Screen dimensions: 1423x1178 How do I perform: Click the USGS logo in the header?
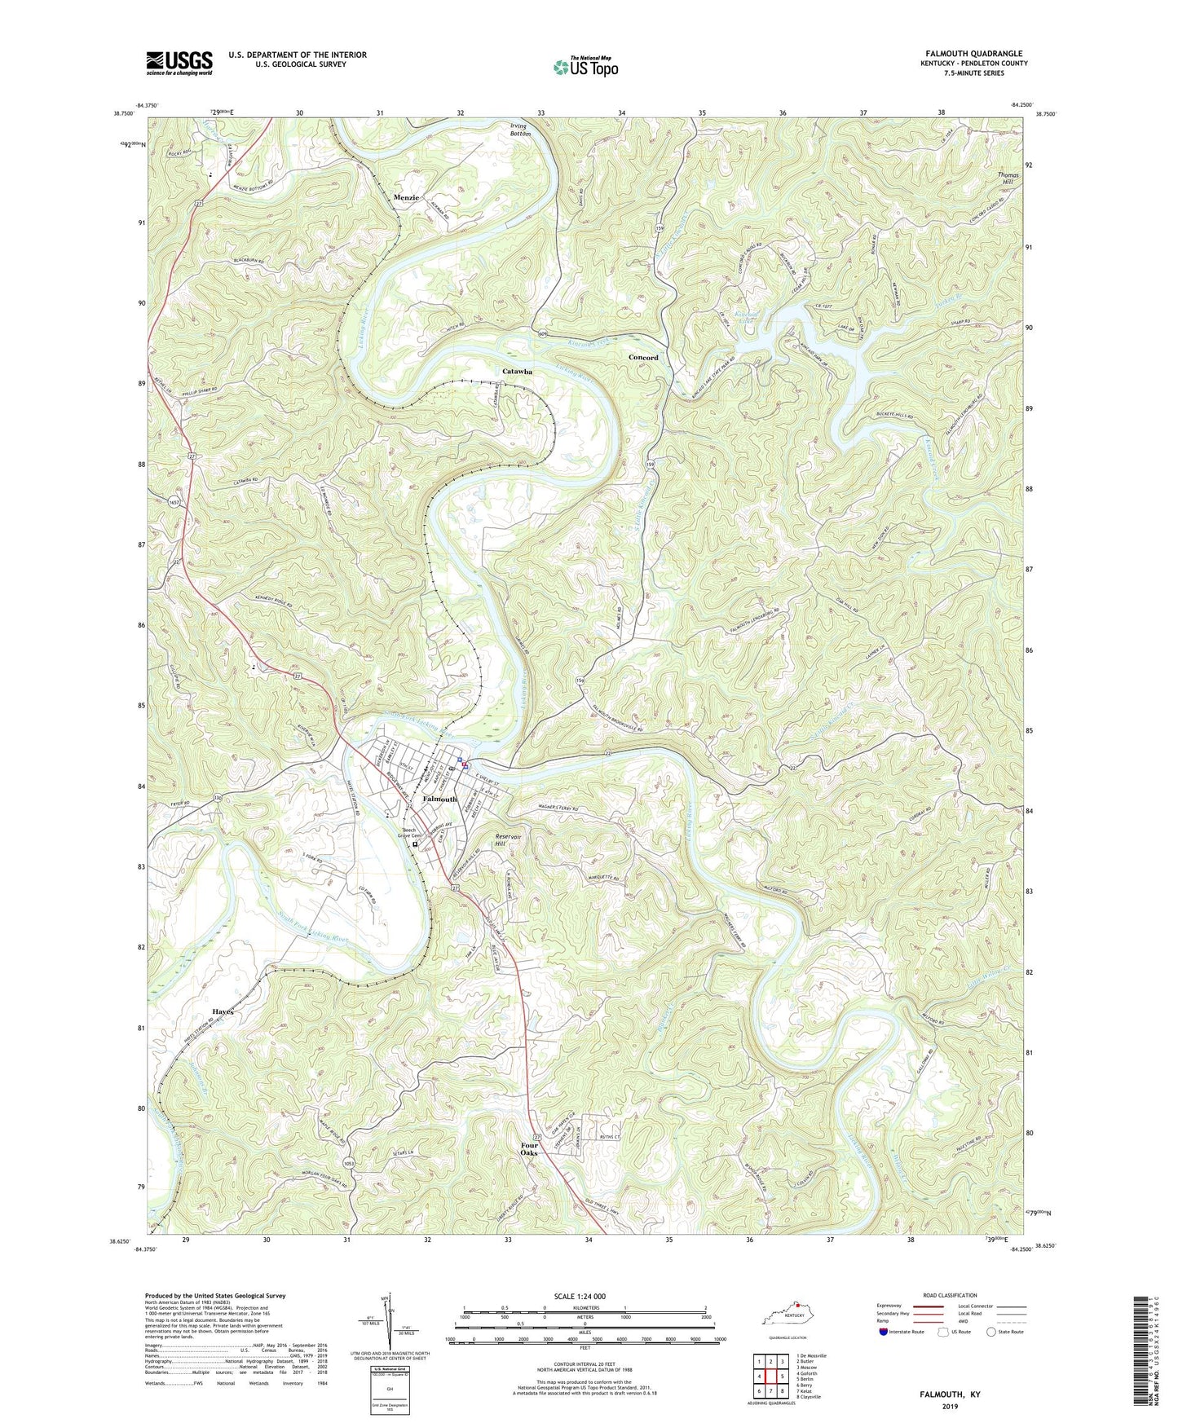click(179, 63)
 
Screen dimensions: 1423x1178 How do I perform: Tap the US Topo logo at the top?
click(585, 67)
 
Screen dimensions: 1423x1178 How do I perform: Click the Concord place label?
click(643, 358)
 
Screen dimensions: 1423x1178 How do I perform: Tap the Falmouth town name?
click(439, 799)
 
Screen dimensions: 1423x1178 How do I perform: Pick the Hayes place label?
click(223, 1011)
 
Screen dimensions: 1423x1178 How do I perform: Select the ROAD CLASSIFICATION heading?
click(951, 1295)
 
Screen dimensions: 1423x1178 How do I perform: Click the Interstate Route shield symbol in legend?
click(884, 1332)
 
